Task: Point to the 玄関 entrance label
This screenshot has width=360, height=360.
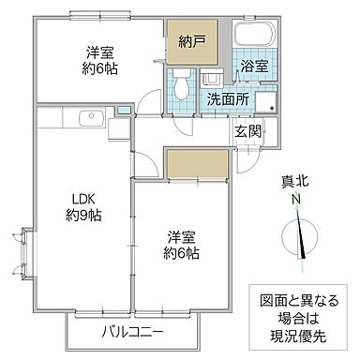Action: coord(248,130)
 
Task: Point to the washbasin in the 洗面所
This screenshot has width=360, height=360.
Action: coord(212,80)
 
